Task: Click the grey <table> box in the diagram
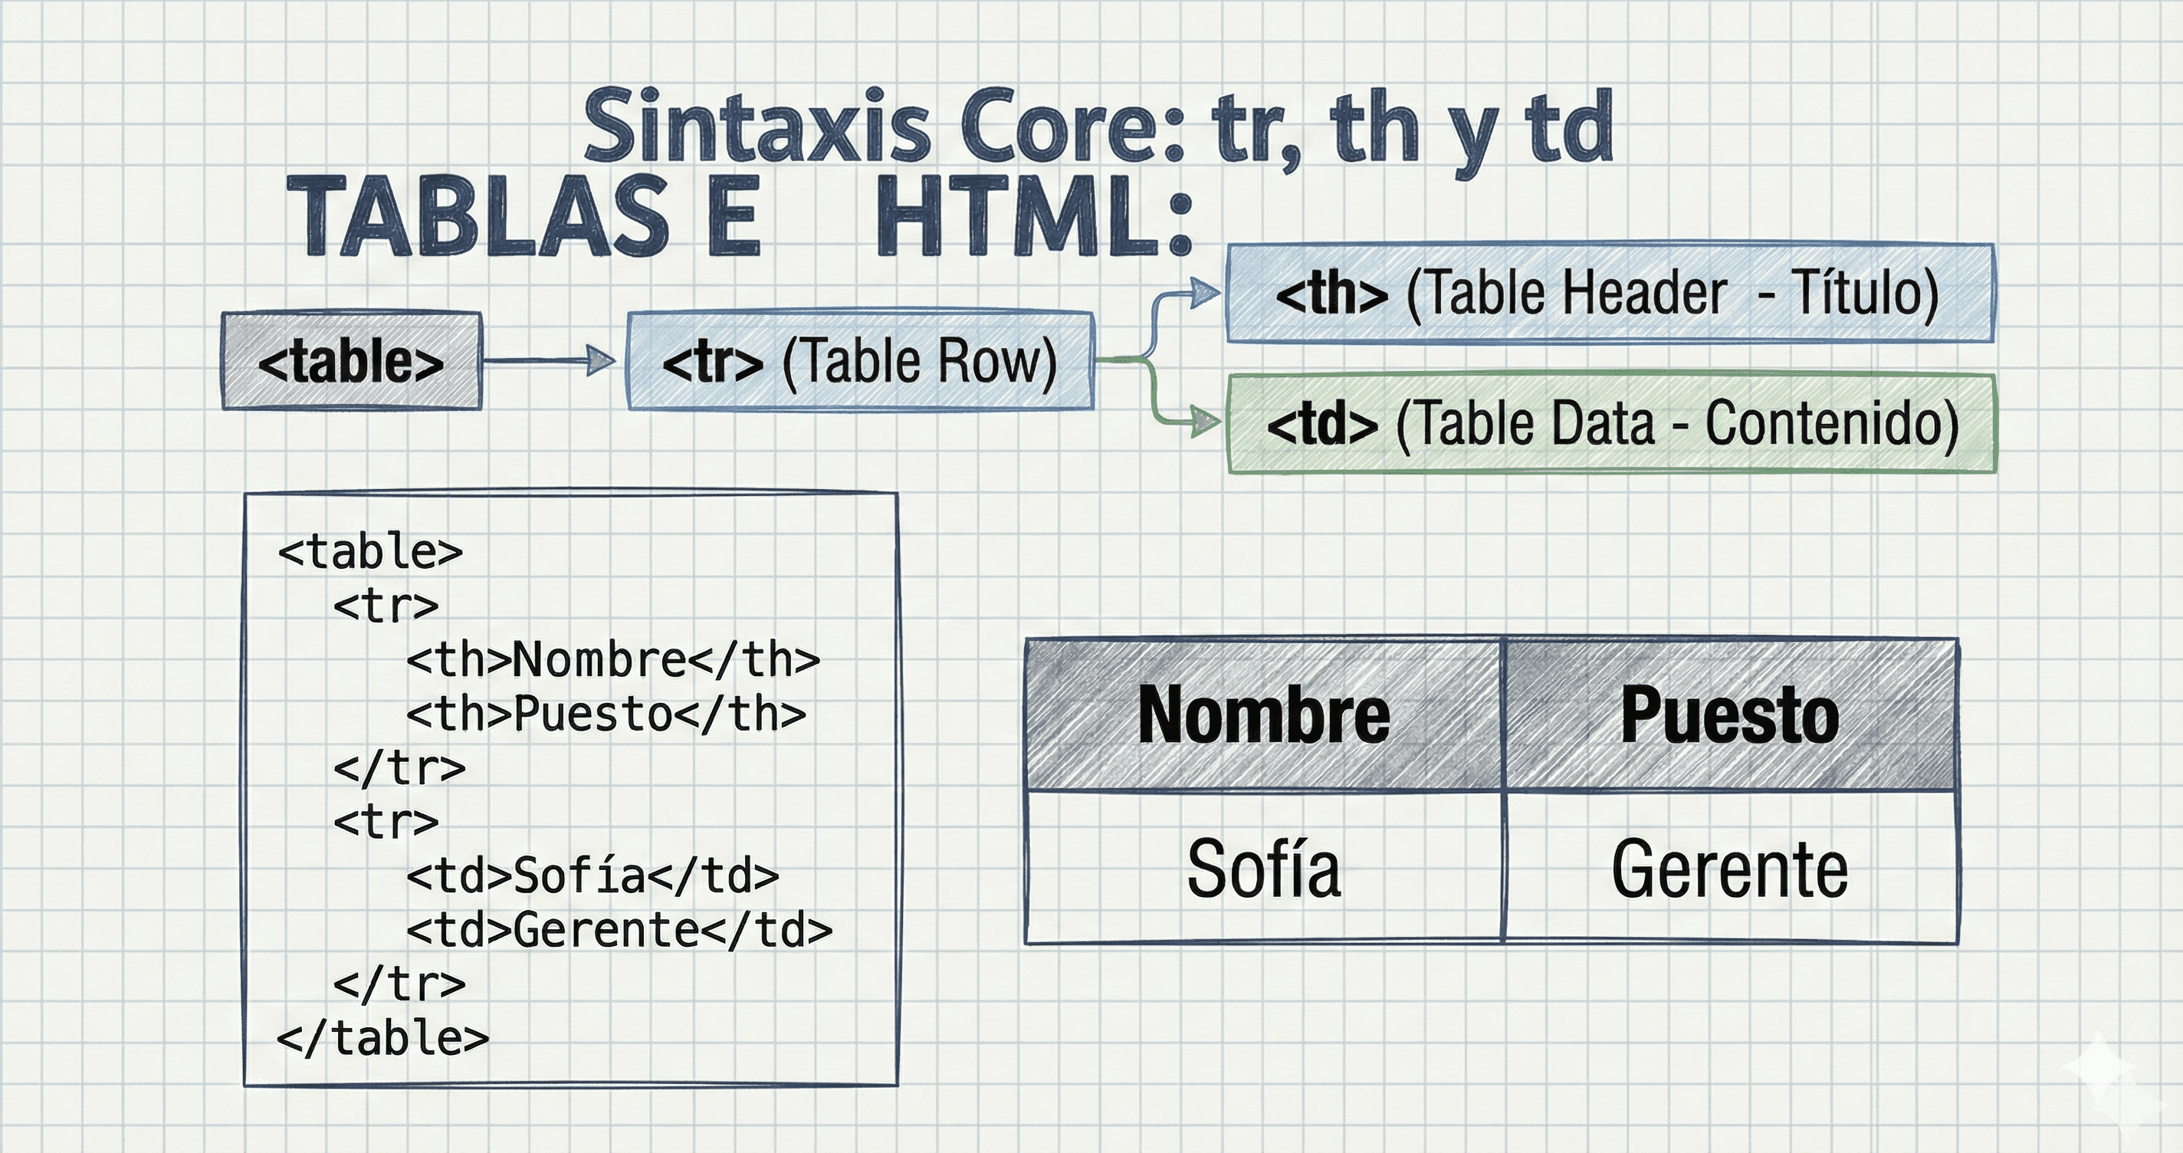coord(351,362)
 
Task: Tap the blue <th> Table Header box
coord(1608,294)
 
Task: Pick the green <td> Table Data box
coord(1610,423)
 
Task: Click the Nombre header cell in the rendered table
coord(1262,715)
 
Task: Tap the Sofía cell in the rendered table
coord(1262,868)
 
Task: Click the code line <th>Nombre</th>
coord(612,659)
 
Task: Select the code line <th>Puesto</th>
coord(606,714)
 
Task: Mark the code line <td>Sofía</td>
coord(593,875)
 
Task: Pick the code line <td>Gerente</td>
coord(619,930)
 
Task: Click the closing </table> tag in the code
coord(383,1039)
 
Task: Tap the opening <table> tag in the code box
coord(370,552)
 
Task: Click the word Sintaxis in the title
coord(759,127)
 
